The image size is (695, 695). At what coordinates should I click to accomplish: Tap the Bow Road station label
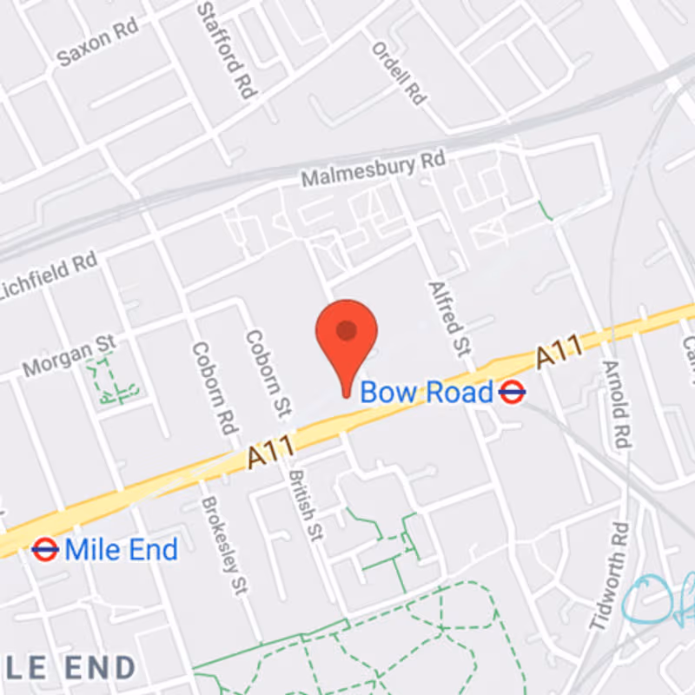[x=426, y=393]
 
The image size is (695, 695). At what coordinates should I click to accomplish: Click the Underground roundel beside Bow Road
[x=513, y=394]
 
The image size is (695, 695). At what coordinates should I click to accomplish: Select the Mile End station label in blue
[x=122, y=549]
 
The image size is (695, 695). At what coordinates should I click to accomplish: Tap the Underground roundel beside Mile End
[x=44, y=549]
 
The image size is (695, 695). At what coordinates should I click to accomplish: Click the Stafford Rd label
[x=222, y=47]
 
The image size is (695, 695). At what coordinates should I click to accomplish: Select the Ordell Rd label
[x=399, y=75]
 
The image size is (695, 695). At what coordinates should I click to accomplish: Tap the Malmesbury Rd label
[x=373, y=170]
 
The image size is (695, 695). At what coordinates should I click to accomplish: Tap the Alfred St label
[x=449, y=318]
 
